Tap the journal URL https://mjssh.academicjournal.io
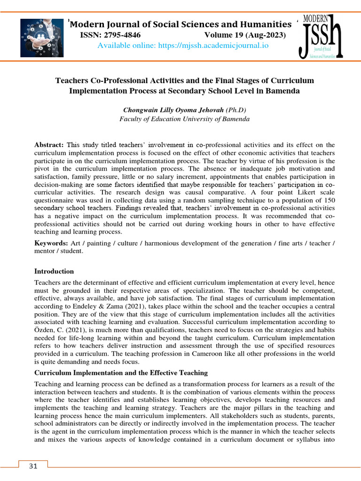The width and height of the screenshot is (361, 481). click(182, 46)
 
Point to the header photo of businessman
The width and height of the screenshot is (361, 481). click(42, 38)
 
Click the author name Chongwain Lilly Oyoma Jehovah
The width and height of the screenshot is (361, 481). click(173, 110)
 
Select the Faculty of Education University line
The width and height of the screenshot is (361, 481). click(184, 119)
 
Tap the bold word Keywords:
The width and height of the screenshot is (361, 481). click(52, 243)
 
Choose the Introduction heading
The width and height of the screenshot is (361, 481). click(54, 272)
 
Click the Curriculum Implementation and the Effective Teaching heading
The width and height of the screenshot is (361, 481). click(121, 373)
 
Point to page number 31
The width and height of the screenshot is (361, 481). click(33, 466)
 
